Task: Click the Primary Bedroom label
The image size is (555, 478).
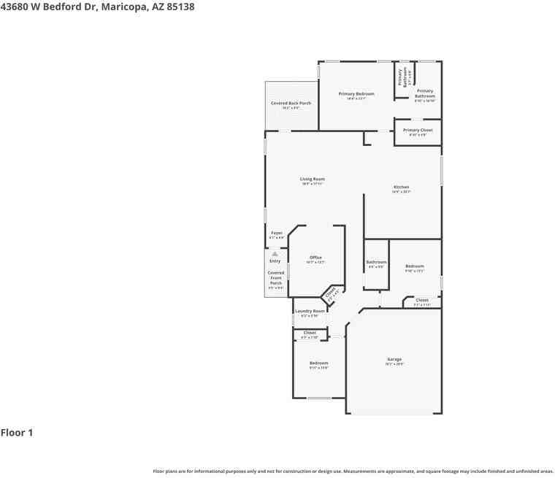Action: tap(356, 94)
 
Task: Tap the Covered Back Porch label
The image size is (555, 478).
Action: tap(291, 104)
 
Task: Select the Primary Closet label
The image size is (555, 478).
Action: tap(418, 131)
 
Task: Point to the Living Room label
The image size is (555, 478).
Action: tap(312, 179)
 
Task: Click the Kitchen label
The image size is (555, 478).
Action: tap(401, 187)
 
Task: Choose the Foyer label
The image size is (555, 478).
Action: tap(276, 233)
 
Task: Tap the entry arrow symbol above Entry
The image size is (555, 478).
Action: tap(275, 253)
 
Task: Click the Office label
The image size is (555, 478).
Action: tap(315, 258)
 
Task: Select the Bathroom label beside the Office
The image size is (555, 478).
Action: tap(376, 262)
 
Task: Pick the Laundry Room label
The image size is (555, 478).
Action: tap(310, 311)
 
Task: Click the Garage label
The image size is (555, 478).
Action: tap(394, 359)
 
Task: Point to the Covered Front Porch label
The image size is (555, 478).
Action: tap(275, 277)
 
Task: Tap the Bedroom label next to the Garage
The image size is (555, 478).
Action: tap(318, 363)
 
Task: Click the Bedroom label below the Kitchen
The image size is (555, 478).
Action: tap(414, 266)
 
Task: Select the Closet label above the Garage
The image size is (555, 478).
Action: tap(422, 300)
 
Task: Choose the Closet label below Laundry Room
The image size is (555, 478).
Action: tap(310, 333)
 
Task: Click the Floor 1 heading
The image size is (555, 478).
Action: tap(17, 433)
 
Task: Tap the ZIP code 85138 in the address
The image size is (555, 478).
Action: tap(179, 7)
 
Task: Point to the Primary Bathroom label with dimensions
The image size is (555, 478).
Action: tap(424, 93)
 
